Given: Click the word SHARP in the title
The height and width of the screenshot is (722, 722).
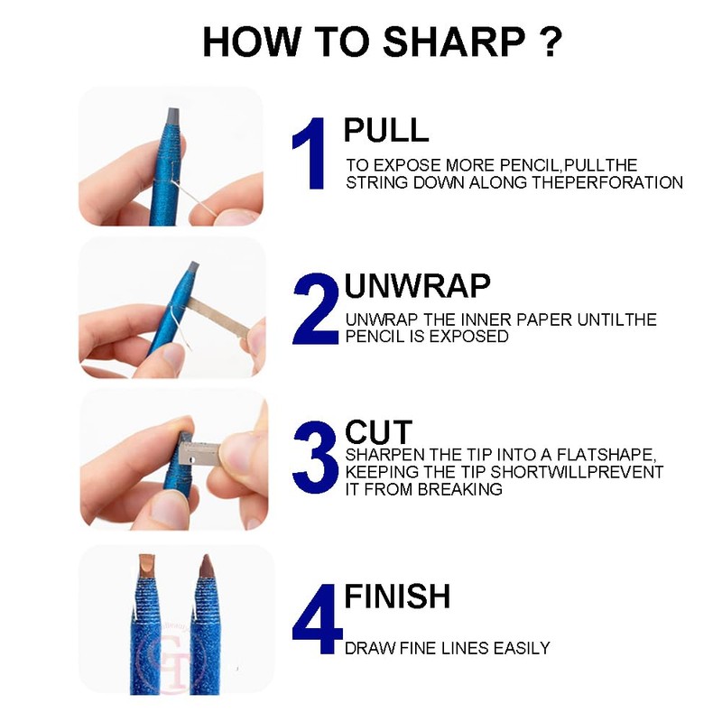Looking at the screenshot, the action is click(x=454, y=42).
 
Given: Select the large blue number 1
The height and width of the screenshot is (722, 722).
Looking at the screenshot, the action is click(x=310, y=153).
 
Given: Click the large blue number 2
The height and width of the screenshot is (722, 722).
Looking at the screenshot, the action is click(x=316, y=309).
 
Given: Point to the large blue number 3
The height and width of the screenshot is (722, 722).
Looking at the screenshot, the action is click(x=316, y=458).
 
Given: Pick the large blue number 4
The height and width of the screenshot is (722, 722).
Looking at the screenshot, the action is click(x=318, y=619).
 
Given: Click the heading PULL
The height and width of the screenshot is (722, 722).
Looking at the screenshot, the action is click(x=386, y=130).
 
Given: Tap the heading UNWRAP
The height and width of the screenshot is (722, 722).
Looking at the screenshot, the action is click(x=417, y=286).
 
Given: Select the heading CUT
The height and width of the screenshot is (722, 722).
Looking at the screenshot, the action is click(x=378, y=432).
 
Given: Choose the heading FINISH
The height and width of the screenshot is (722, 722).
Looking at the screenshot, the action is click(x=397, y=597).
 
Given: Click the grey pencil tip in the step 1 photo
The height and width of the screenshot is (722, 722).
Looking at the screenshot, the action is click(x=172, y=116).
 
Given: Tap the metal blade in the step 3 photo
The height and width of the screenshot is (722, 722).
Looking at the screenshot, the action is click(x=199, y=453).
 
